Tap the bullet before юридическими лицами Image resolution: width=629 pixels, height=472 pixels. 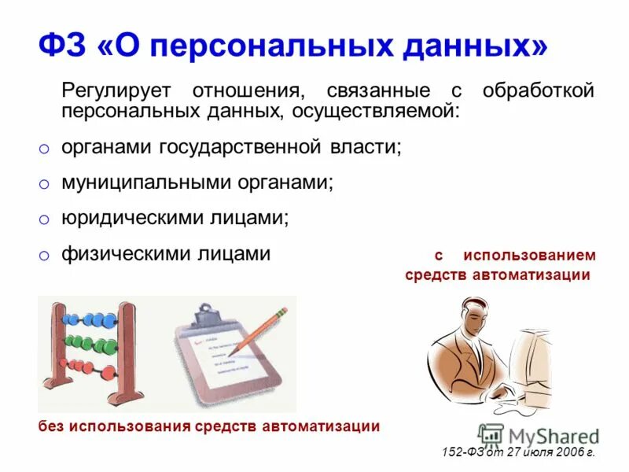coord(45,222)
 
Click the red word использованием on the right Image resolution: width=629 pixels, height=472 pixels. coord(529,256)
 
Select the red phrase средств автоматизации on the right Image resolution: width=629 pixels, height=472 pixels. coord(498,275)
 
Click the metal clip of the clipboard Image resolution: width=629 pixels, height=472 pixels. coord(206,316)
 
